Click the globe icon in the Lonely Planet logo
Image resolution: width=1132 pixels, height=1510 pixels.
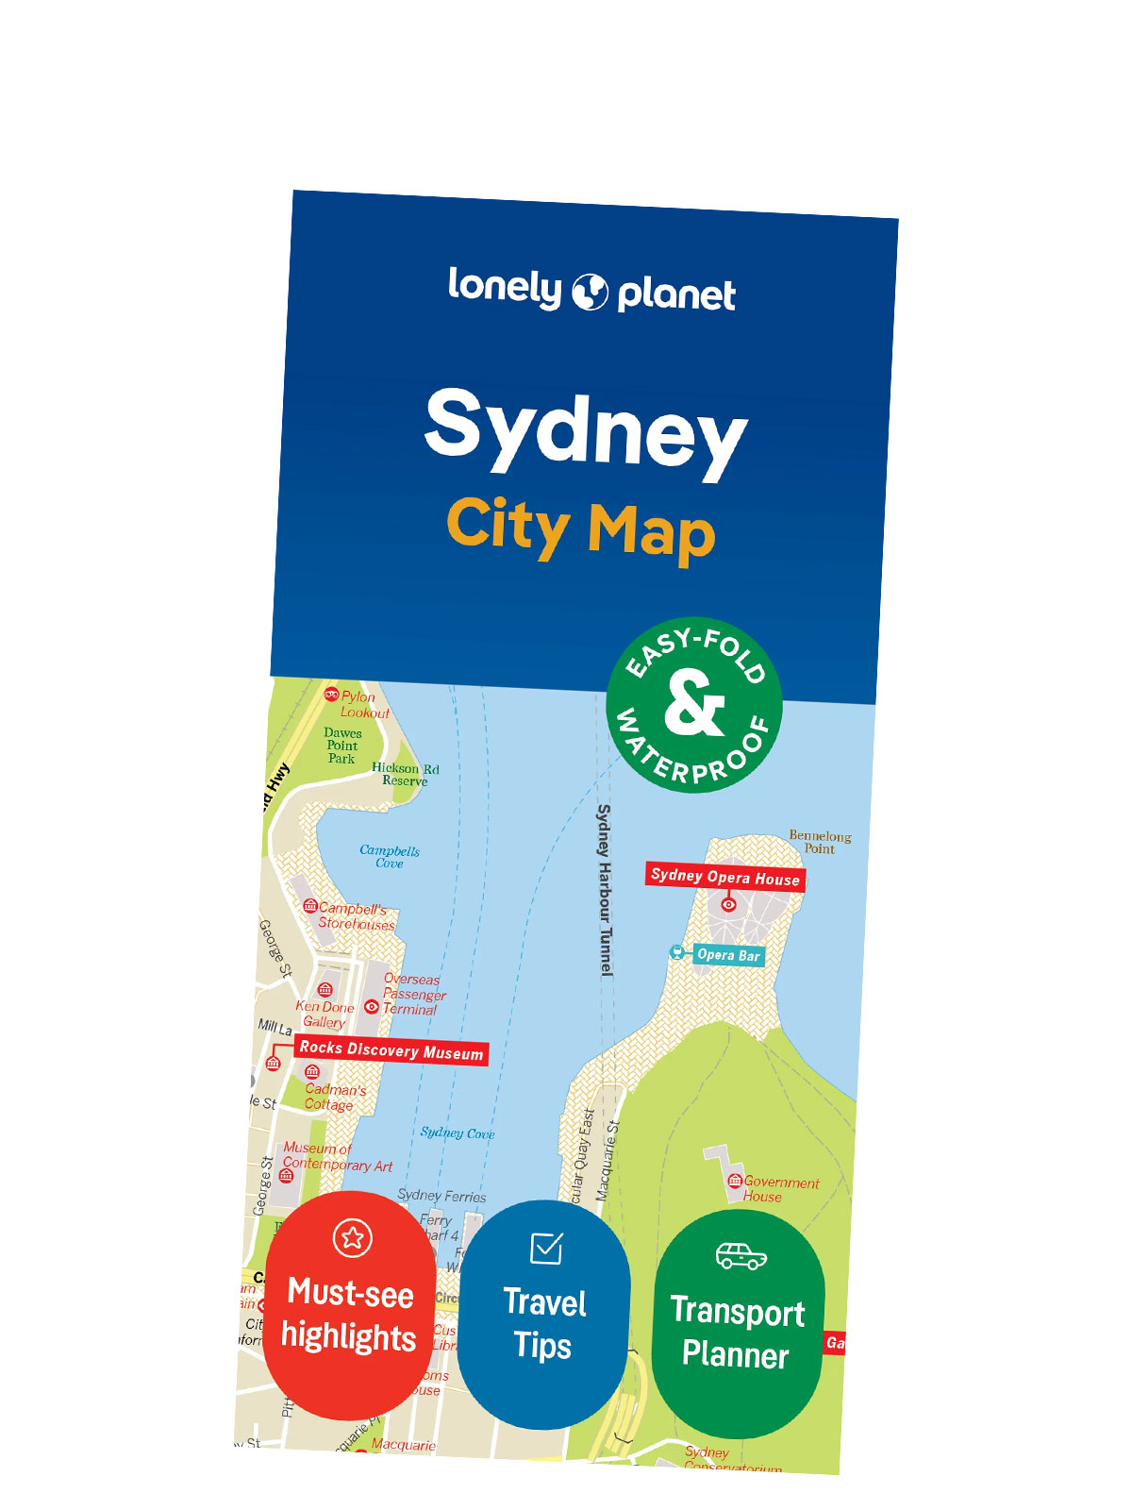pyautogui.click(x=591, y=292)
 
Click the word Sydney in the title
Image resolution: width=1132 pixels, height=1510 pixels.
pyautogui.click(x=585, y=430)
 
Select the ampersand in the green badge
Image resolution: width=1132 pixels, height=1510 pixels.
pyautogui.click(x=694, y=703)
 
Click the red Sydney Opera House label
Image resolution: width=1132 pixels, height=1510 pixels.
pyautogui.click(x=724, y=877)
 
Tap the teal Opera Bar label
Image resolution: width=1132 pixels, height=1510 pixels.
pyautogui.click(x=727, y=955)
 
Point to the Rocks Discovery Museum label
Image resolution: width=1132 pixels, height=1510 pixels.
pyautogui.click(x=391, y=1050)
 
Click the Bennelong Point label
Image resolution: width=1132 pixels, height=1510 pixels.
pyautogui.click(x=820, y=842)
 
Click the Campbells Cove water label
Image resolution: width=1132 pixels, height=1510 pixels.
pyautogui.click(x=390, y=856)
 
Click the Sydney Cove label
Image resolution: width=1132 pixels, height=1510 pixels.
pyautogui.click(x=458, y=1132)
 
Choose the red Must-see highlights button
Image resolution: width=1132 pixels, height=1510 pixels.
pyautogui.click(x=349, y=1307)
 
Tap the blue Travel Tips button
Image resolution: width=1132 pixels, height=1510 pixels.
pyautogui.click(x=543, y=1317)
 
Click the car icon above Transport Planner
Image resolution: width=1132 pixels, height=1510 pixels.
pyautogui.click(x=741, y=1256)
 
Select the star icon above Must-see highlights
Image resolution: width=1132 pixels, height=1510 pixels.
pyautogui.click(x=353, y=1236)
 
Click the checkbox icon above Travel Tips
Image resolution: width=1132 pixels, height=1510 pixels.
pyautogui.click(x=546, y=1248)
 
